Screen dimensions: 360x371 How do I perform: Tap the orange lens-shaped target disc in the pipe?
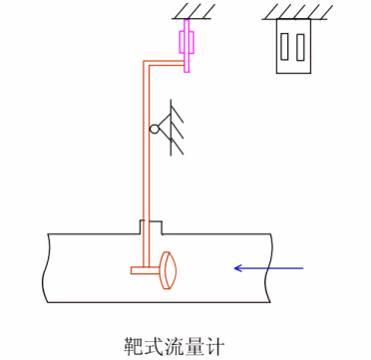(x=168, y=267)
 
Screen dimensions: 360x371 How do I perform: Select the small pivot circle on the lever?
(x=155, y=129)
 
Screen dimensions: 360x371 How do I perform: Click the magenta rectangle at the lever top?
(x=186, y=44)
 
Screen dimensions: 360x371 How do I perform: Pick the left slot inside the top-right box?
(x=286, y=47)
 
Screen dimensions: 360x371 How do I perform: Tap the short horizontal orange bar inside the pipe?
(x=144, y=269)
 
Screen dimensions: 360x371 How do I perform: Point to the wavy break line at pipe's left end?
(x=46, y=267)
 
